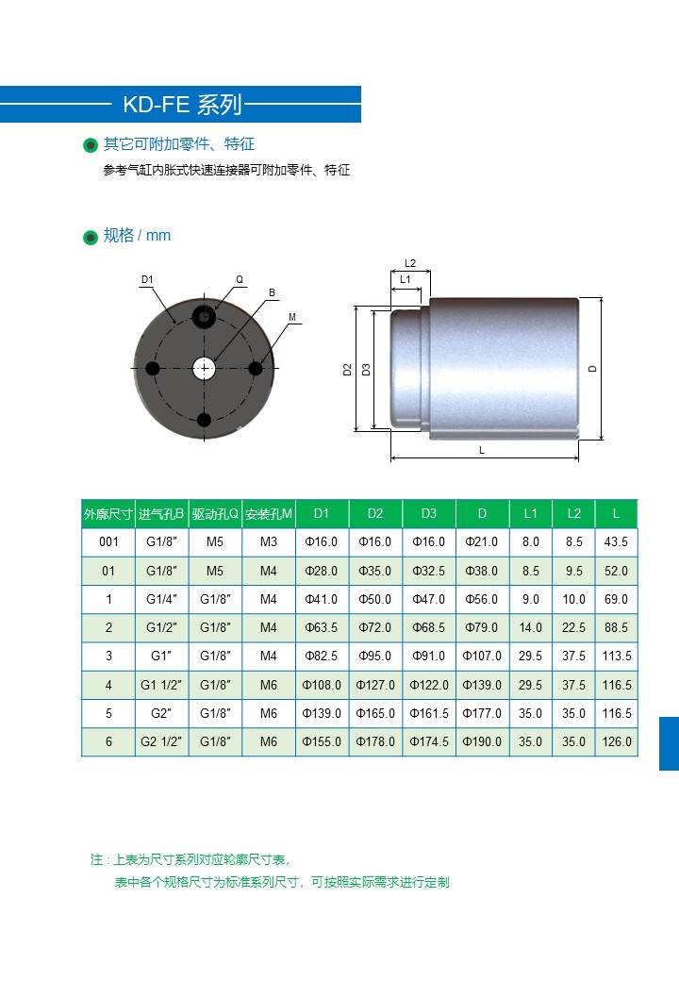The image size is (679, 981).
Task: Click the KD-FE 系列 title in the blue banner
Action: click(x=182, y=104)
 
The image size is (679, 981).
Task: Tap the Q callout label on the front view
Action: click(x=240, y=279)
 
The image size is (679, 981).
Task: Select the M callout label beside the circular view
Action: click(x=292, y=317)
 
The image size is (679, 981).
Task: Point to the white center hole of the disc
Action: click(x=204, y=368)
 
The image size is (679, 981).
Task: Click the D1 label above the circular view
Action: click(x=147, y=279)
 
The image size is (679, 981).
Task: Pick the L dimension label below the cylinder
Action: click(x=481, y=450)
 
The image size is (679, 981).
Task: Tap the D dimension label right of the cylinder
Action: click(x=593, y=369)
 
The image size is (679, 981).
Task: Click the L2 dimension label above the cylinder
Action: click(x=410, y=263)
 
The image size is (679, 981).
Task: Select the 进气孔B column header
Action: click(x=161, y=514)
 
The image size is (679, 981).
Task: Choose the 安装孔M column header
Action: click(x=268, y=514)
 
